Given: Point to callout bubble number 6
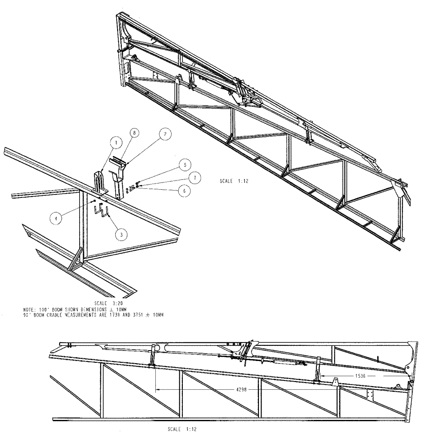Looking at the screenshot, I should click(x=185, y=191).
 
